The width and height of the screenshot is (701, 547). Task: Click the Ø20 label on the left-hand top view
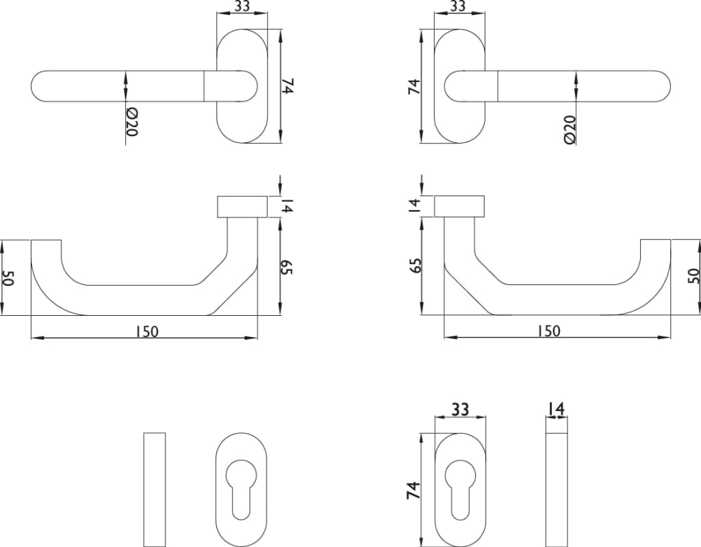tap(132, 122)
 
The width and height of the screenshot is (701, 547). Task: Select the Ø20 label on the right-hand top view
tap(570, 129)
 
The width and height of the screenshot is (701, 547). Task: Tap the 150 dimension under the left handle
tap(147, 332)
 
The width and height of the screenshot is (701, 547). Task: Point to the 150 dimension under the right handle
tap(548, 331)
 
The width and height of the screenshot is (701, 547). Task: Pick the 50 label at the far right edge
tap(693, 276)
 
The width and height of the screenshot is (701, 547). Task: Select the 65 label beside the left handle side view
tap(286, 267)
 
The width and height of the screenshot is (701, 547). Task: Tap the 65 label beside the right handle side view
tap(416, 265)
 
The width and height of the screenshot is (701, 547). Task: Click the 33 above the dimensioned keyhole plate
tap(460, 409)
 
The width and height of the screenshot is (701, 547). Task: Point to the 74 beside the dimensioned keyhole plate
tap(413, 490)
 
